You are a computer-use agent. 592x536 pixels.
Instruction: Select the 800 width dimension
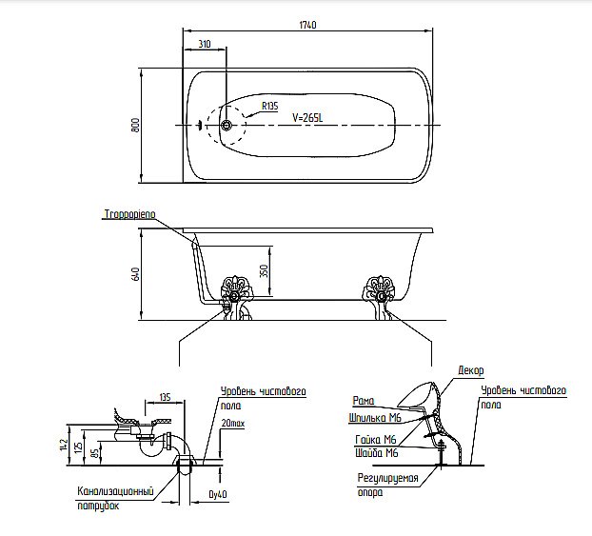tap(136, 125)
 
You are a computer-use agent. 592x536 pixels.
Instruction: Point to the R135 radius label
tap(269, 107)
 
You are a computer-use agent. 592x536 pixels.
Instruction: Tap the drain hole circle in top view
tap(227, 125)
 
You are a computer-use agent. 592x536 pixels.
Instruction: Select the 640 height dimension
tap(136, 276)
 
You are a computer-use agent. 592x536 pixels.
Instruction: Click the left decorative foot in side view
tap(233, 289)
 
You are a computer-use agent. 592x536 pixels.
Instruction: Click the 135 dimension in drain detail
tap(165, 398)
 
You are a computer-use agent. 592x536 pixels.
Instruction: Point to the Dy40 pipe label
tap(218, 495)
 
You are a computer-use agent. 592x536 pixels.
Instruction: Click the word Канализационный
tap(115, 491)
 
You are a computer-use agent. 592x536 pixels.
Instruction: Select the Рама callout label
tap(363, 401)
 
